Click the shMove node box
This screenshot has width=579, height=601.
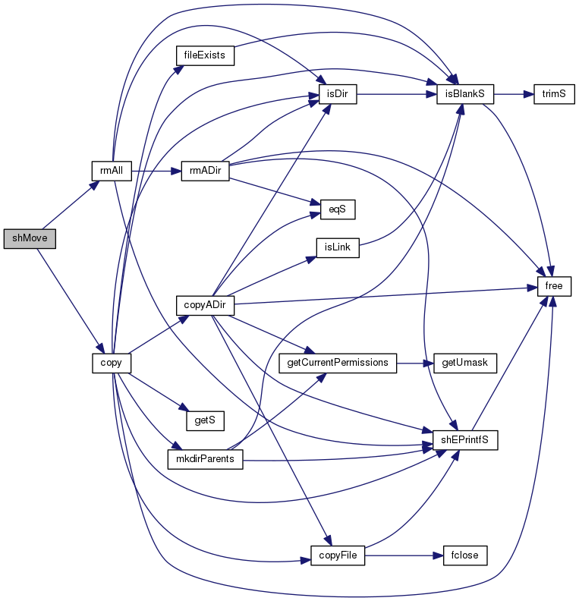pos(30,238)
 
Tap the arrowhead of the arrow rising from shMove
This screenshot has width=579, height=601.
pos(96,184)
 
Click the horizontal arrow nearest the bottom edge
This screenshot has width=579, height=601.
pos(403,555)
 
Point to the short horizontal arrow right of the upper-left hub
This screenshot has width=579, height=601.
pos(156,171)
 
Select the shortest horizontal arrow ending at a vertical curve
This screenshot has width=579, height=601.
pos(414,363)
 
